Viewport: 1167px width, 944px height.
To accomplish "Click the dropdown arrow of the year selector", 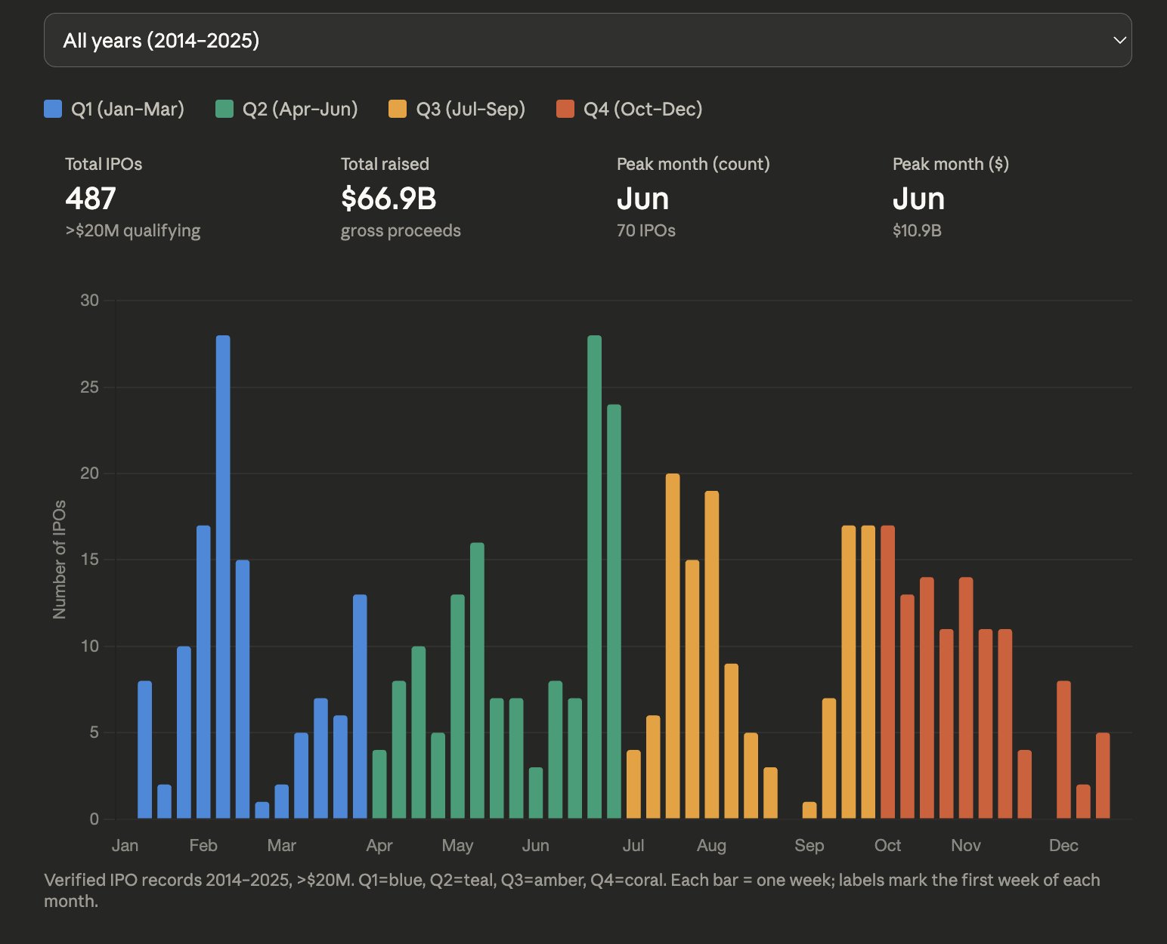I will (x=1119, y=40).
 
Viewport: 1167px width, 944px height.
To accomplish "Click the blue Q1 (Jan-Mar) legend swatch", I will (x=53, y=109).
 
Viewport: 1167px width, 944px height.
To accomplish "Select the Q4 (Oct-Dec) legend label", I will (x=642, y=109).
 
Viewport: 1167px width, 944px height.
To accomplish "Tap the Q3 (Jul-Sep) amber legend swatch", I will (x=398, y=109).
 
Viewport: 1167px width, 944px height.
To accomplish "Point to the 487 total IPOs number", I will (x=91, y=199).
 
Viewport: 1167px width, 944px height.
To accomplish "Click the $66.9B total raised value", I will (x=388, y=199).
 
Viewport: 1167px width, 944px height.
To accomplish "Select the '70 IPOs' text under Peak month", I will (x=646, y=230).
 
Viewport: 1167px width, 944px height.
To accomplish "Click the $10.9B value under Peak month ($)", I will (x=917, y=230).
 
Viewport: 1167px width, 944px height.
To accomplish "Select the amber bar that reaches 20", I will (x=673, y=646).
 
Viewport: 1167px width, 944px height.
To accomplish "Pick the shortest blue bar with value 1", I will (x=262, y=810).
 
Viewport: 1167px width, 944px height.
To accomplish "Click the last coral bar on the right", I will (x=1103, y=776).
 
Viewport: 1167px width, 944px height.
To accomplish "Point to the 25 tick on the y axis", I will (x=90, y=387).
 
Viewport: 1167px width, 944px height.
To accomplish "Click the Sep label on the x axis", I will (x=809, y=845).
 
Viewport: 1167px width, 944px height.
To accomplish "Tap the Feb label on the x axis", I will (x=203, y=845).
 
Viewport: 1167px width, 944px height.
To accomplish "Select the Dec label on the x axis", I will (x=1063, y=845).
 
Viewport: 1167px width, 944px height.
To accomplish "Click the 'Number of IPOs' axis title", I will (x=60, y=560).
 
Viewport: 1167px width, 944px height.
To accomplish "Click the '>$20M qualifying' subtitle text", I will (x=133, y=230).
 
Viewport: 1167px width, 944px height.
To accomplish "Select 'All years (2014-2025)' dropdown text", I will (x=161, y=40).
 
